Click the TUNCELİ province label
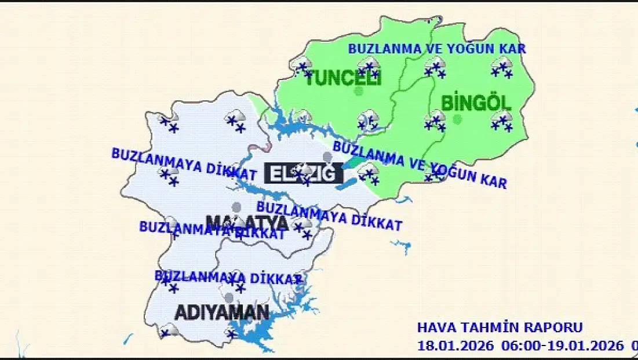(342, 78)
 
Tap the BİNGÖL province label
(476, 104)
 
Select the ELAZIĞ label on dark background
(300, 173)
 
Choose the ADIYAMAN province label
(222, 312)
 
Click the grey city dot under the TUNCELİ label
(359, 92)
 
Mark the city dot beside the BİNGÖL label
(458, 119)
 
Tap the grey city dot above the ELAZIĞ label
(327, 157)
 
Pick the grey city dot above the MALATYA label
(236, 207)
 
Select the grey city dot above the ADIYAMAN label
(229, 298)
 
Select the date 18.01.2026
(455, 346)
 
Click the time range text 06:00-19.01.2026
(561, 346)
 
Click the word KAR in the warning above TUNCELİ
(512, 49)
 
